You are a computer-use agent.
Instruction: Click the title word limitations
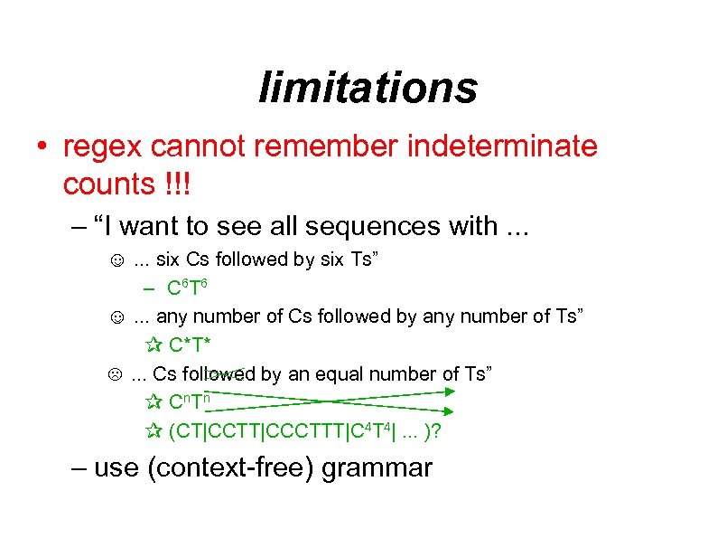368,88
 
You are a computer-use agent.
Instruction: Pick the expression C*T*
194,345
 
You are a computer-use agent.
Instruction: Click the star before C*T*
152,345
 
